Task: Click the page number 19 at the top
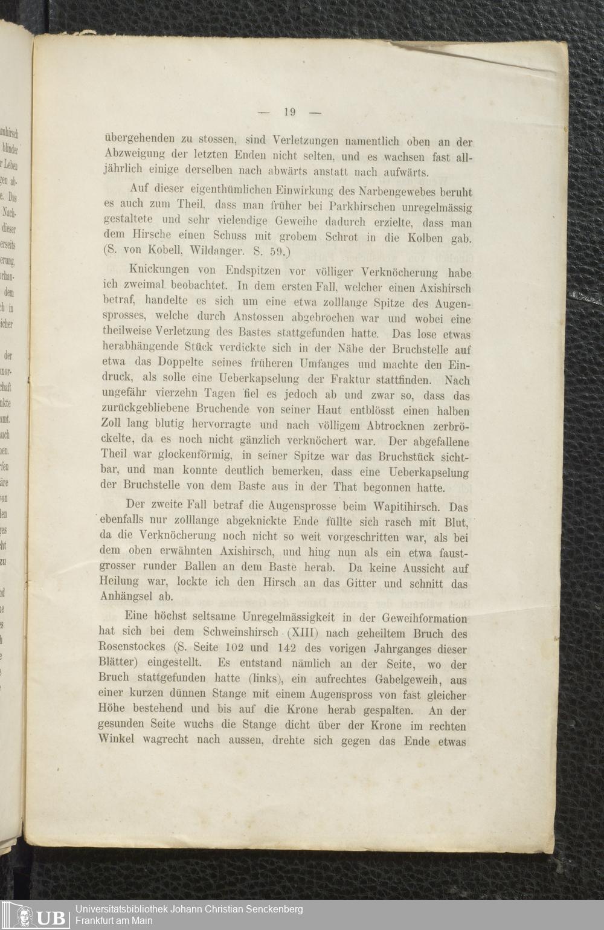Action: tap(288, 111)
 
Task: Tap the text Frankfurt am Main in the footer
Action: tap(114, 921)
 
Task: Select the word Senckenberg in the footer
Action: tap(275, 909)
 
